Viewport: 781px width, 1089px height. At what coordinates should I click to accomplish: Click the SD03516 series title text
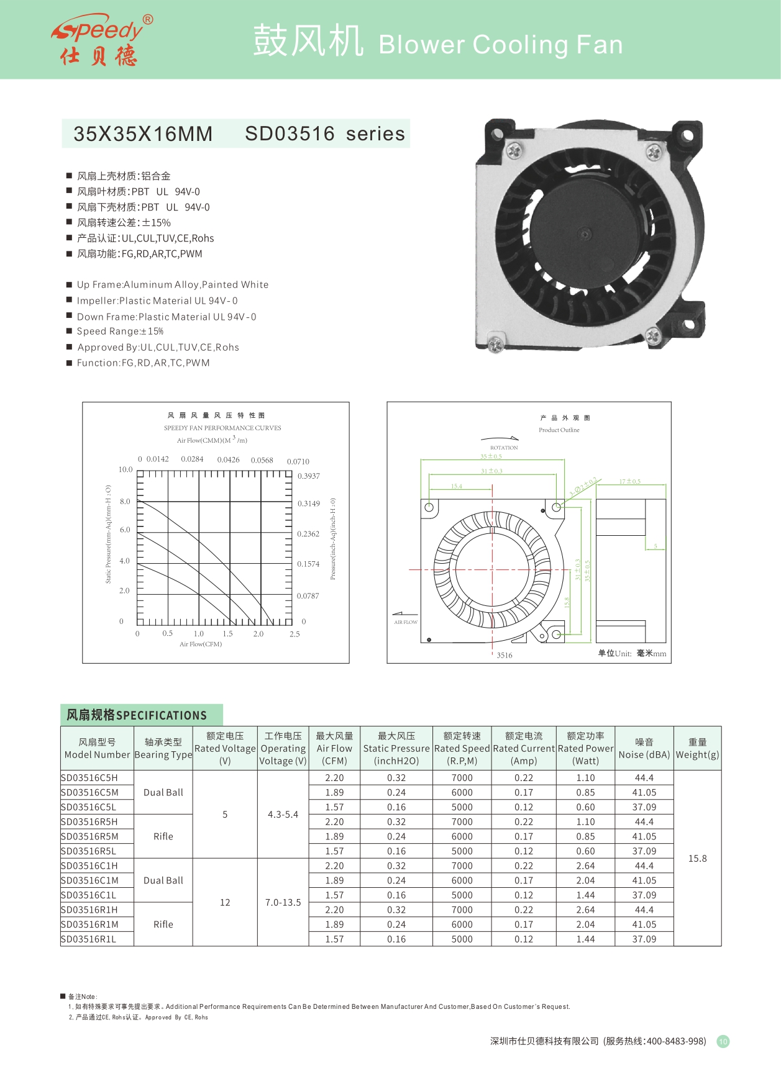324,133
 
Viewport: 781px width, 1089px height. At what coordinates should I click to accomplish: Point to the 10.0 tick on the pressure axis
126,469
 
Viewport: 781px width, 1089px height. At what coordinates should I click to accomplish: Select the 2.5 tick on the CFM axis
295,634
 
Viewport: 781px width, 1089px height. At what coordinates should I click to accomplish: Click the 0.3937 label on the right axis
308,476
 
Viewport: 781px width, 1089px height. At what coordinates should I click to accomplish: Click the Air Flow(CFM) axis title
201,644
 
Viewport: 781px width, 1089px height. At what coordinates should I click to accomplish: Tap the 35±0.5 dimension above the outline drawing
491,456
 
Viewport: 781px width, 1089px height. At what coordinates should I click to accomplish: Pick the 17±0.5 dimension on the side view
629,481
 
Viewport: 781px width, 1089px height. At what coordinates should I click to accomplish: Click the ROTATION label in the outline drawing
504,448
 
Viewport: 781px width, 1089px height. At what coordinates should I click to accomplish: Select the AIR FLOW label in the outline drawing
406,622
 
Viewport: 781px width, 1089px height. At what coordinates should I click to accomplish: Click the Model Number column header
97,748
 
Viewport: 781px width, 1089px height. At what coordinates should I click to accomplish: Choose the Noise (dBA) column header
644,748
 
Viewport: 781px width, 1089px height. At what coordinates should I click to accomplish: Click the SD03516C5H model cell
89,778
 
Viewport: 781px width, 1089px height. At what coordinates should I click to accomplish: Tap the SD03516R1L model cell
89,939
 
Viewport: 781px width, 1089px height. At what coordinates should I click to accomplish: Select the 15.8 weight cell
697,859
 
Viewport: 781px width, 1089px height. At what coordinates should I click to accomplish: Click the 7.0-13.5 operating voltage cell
283,902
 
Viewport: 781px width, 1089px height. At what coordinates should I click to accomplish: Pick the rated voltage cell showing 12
225,902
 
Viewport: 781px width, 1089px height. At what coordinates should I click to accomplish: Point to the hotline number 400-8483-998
676,1041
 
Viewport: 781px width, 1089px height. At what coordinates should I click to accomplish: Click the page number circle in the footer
723,1041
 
